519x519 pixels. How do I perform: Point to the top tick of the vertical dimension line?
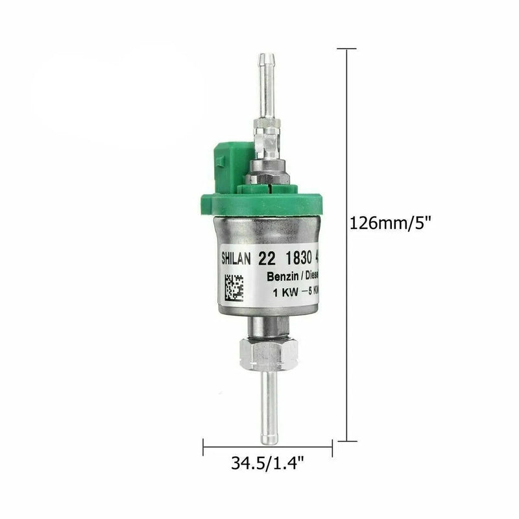click(x=348, y=48)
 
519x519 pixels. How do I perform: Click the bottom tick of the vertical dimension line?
click(x=348, y=439)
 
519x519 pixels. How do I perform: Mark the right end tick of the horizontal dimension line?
click(x=332, y=446)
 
